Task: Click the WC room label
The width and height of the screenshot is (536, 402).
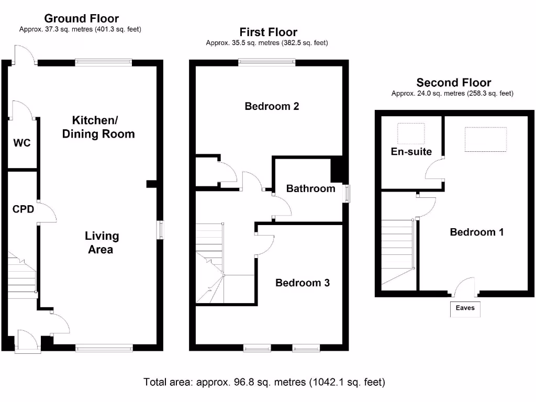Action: coord(22,143)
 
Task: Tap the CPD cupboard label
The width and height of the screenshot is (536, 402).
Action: coord(24,209)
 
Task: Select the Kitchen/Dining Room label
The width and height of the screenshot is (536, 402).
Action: coord(98,127)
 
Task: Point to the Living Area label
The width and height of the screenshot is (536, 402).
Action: coord(101,243)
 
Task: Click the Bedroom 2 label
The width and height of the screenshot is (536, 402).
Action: coord(272,107)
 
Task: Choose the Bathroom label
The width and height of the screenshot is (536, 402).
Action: coord(310,189)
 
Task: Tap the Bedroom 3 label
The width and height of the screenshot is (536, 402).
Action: coord(303,283)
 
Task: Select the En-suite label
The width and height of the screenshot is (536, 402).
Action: coord(411,152)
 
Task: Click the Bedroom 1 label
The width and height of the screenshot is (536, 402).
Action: coord(477,232)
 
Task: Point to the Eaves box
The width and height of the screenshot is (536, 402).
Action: coord(465,308)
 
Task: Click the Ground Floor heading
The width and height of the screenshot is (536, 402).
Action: coord(81,19)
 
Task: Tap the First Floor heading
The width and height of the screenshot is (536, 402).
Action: coord(268,32)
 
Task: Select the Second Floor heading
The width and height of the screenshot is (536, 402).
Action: coord(453,83)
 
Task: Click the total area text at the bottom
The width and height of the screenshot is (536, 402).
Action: coord(264,382)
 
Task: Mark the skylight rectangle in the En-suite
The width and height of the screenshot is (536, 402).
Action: coord(411,133)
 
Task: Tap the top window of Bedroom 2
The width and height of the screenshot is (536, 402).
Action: coord(267,62)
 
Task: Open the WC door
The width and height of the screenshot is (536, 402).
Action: coord(24,110)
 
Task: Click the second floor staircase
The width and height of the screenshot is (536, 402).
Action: coord(399,251)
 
